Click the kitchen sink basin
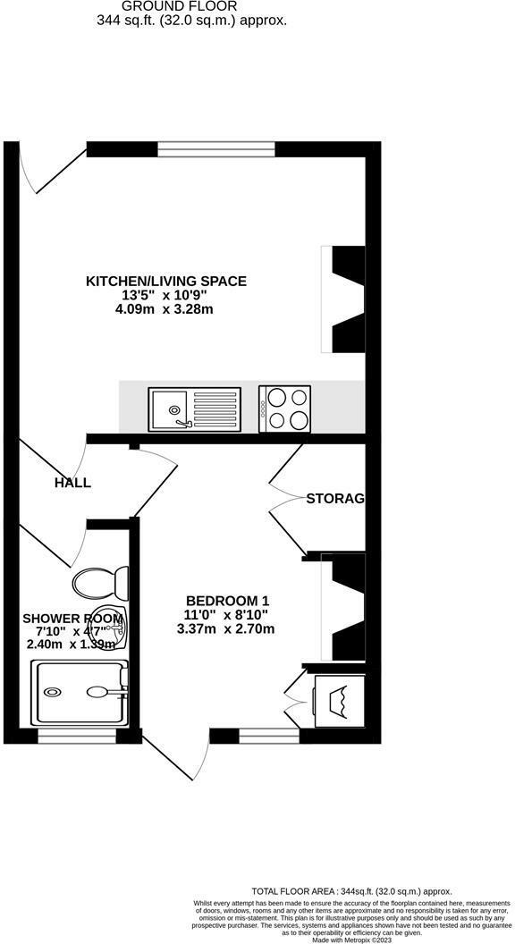coord(169,408)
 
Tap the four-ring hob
coord(285,409)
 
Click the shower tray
coord(80,691)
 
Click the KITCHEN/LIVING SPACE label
coord(165,281)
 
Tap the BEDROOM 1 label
coord(227,600)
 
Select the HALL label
coord(72,483)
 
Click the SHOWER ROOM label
coord(72,618)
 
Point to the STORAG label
coord(335,498)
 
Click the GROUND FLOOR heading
coord(191,6)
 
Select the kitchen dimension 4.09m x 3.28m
coord(165,310)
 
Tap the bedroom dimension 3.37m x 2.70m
coord(226,628)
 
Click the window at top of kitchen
coord(215,149)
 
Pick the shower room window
coord(77,737)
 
